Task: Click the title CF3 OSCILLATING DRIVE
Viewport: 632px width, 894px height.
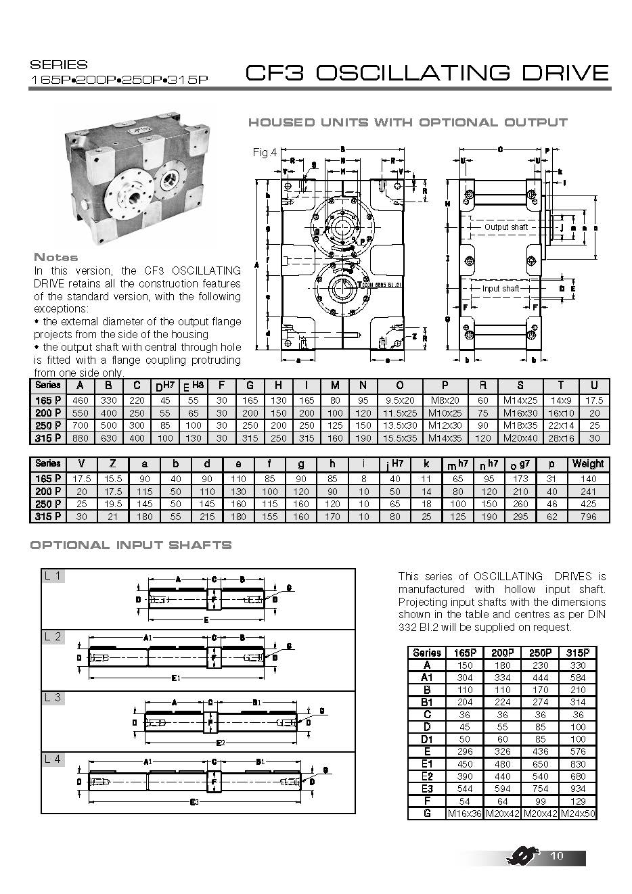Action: point(427,73)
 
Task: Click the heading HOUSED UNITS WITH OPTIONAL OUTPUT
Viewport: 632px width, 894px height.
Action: point(407,122)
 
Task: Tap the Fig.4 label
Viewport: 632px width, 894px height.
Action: point(265,153)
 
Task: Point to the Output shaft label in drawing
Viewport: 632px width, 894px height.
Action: point(505,227)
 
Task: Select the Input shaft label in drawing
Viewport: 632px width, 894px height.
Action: point(501,289)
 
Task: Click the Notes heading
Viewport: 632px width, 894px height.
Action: point(55,257)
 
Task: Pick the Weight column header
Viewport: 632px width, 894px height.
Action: point(587,464)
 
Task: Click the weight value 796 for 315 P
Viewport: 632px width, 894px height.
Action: point(587,517)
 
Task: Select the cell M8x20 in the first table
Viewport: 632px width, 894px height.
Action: point(445,400)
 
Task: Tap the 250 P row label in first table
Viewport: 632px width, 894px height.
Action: point(48,426)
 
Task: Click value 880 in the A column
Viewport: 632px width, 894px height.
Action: point(81,438)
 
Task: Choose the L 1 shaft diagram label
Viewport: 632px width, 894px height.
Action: point(53,576)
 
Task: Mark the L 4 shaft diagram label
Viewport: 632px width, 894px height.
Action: point(53,759)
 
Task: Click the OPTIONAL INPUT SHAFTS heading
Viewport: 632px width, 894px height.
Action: point(131,545)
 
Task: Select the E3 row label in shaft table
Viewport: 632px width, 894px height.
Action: point(427,789)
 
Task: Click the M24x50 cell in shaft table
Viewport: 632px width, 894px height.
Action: point(578,814)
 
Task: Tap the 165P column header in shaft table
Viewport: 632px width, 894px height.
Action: point(464,653)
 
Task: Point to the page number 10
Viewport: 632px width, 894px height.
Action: point(557,856)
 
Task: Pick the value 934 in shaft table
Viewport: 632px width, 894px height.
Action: point(578,789)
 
